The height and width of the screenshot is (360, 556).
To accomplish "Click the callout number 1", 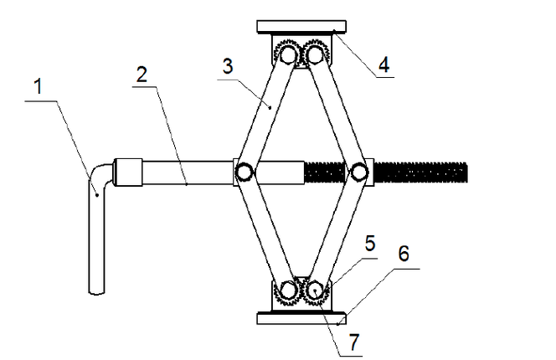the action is tap(39, 86).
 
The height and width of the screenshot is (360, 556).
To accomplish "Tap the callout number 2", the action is tap(142, 75).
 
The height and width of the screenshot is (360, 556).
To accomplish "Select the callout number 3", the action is tap(228, 66).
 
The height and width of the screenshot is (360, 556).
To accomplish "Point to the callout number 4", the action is tap(384, 64).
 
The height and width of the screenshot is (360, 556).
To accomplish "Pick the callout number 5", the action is tap(370, 244).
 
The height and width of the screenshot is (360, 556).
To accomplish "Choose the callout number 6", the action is tap(404, 253).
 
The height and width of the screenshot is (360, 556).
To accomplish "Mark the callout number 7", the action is tap(354, 342).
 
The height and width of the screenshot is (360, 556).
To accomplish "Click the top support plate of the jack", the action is tap(301, 27).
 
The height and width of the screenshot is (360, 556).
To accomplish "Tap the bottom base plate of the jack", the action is tap(301, 318).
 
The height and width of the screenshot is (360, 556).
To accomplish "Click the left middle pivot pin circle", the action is tap(244, 172).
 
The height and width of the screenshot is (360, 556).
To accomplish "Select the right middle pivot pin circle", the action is tap(359, 172).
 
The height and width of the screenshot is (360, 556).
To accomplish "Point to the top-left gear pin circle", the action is tap(288, 55).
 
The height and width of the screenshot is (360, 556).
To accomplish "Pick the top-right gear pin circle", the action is tap(315, 55).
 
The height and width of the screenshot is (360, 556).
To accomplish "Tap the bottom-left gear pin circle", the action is tap(288, 291).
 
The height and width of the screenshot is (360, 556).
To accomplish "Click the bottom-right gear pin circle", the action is tap(315, 291).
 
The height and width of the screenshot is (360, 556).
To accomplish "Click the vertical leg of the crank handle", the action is tap(96, 241).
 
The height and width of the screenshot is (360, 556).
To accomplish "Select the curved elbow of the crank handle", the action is tap(100, 175).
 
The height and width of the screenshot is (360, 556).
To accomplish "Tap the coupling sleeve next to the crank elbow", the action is tap(127, 172).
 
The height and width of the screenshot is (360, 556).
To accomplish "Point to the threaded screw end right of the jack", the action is tap(420, 172).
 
